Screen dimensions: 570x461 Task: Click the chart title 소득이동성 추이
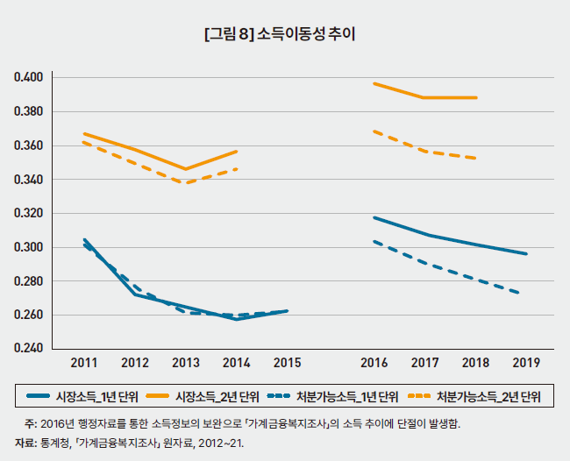[306, 34]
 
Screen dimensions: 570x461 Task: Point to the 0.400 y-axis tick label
[28, 77]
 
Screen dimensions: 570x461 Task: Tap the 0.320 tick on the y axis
[28, 213]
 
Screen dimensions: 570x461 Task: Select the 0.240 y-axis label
[28, 349]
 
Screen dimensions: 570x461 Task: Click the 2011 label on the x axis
[84, 363]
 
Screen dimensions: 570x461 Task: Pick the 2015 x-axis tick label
[287, 363]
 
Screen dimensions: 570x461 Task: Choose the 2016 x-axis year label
[374, 363]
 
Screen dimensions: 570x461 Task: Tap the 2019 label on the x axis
[526, 363]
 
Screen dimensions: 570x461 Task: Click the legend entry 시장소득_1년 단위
[82, 396]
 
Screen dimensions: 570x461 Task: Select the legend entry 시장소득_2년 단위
[203, 396]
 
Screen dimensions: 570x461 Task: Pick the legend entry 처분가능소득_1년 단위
[332, 396]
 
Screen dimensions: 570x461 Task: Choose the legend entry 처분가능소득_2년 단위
[474, 396]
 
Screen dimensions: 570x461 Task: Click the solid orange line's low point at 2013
[186, 169]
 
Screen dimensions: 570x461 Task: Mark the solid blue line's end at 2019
[526, 254]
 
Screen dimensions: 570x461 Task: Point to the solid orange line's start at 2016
[374, 83]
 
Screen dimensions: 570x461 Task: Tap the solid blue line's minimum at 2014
[237, 319]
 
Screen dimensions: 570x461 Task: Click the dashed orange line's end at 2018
[475, 159]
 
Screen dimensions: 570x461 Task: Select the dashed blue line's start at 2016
[374, 241]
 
